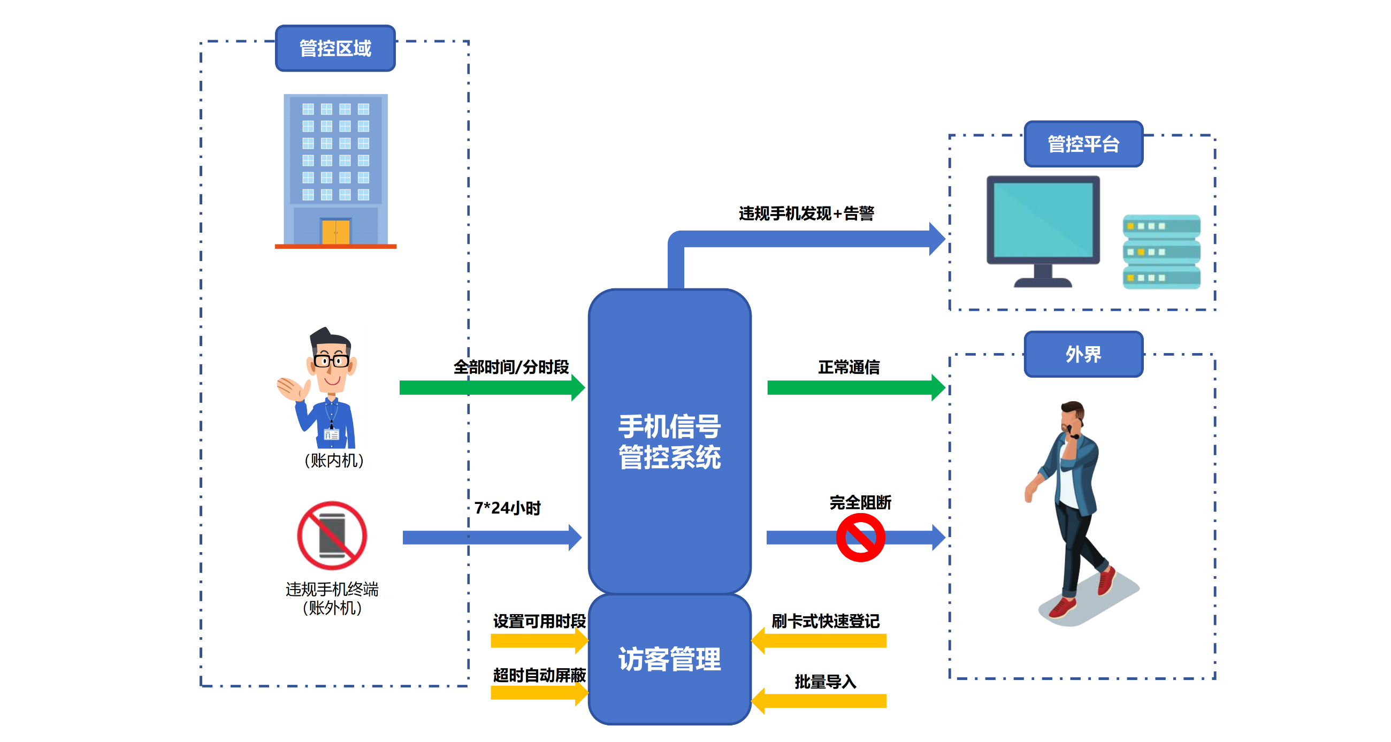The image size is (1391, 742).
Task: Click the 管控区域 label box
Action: pyautogui.click(x=335, y=48)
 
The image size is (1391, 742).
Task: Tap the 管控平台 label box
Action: pyautogui.click(x=1083, y=144)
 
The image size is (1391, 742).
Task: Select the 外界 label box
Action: pyautogui.click(x=1083, y=354)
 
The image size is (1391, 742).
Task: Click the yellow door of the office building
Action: pyautogui.click(x=335, y=232)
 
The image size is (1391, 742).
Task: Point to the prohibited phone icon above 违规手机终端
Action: pyautogui.click(x=332, y=535)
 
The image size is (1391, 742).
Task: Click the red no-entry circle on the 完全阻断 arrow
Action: pyautogui.click(x=860, y=537)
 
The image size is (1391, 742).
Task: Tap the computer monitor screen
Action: pyautogui.click(x=1043, y=219)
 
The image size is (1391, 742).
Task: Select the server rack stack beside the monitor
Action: pyautogui.click(x=1161, y=251)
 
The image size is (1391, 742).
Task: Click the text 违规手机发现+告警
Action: pyautogui.click(x=806, y=213)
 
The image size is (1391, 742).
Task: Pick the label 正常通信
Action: pyautogui.click(x=849, y=367)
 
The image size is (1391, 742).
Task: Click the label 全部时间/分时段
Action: pyautogui.click(x=511, y=367)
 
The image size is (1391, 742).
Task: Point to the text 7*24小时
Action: pyautogui.click(x=507, y=508)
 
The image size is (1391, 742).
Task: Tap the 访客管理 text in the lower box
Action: pyautogui.click(x=669, y=659)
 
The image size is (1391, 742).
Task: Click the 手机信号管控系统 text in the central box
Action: pyautogui.click(x=669, y=441)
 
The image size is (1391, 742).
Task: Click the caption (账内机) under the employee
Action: pyautogui.click(x=334, y=460)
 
